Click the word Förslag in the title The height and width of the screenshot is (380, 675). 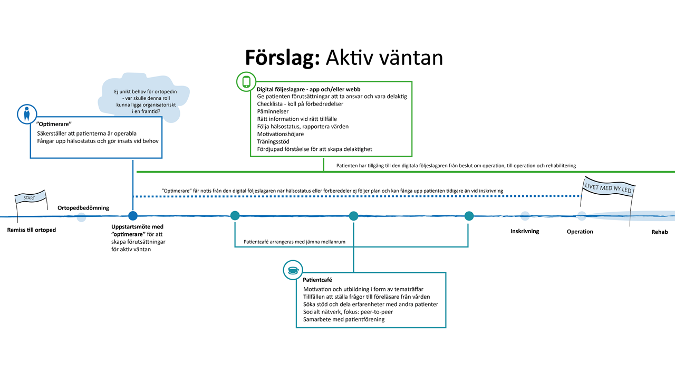coord(282,57)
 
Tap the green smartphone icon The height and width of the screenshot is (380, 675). coord(246,82)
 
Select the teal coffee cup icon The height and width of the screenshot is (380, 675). coord(293,270)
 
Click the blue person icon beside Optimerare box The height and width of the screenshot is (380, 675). coord(26,115)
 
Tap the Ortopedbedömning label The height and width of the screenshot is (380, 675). coord(83,207)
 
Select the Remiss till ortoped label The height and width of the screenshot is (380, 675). coord(32,230)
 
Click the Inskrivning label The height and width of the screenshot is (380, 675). coord(525,231)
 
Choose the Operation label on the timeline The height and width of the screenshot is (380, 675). coord(580,232)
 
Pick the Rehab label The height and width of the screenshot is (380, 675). coord(659,232)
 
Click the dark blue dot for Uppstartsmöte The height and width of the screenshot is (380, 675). coord(133,216)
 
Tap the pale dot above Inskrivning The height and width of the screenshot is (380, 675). coord(525,216)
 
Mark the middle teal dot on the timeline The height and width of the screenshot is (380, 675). coord(353,216)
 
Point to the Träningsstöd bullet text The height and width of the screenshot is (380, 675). coord(273,141)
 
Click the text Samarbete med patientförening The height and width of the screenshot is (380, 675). coord(344,319)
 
